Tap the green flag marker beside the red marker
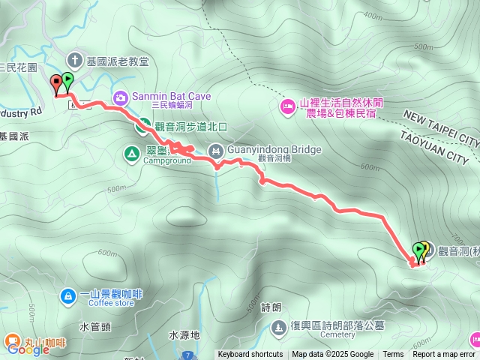point(67,79)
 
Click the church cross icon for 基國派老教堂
point(75,59)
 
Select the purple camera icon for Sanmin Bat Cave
point(121,97)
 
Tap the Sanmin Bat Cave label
point(171,97)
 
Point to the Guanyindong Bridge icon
point(216,150)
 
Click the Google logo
point(28,349)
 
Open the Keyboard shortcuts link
point(250,355)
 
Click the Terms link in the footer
point(393,355)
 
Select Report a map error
point(444,355)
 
